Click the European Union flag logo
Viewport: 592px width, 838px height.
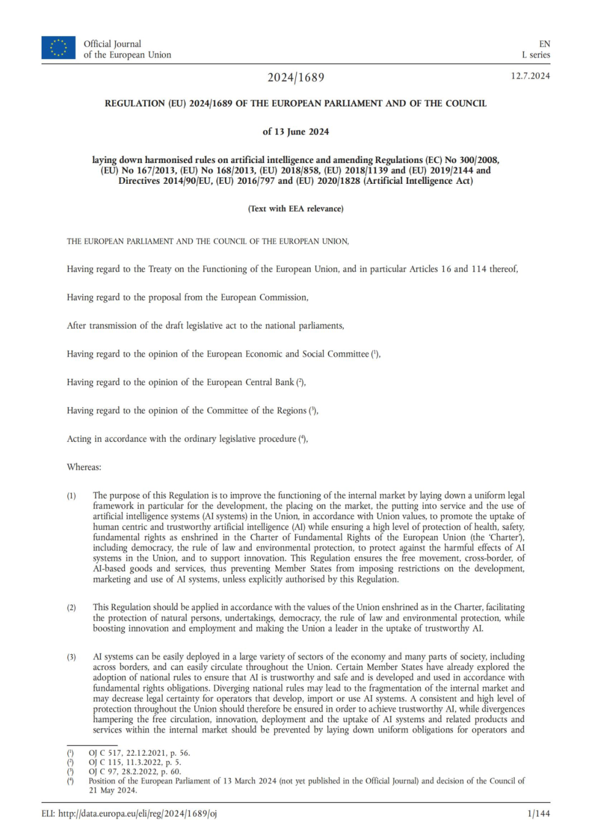[x=58, y=48]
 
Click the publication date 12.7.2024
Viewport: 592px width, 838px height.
[x=530, y=76]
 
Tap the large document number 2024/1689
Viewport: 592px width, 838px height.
[x=295, y=77]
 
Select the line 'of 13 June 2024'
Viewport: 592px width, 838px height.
[x=295, y=132]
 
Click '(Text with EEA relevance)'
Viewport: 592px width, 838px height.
[x=295, y=209]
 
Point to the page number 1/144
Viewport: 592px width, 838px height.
[x=538, y=813]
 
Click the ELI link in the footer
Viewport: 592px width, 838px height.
[x=129, y=813]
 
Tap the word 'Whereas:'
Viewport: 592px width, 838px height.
[x=84, y=467]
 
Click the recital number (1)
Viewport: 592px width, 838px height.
[x=71, y=496]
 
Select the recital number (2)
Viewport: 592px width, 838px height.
[x=71, y=608]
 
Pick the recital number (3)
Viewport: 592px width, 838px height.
[x=71, y=657]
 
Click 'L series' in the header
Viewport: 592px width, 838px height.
[x=536, y=55]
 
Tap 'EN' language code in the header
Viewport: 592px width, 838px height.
[x=544, y=44]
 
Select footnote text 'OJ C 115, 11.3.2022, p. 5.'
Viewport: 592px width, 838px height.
[x=135, y=762]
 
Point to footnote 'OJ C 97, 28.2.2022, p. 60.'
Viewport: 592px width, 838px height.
[x=135, y=772]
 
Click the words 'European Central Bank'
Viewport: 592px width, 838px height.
[x=250, y=382]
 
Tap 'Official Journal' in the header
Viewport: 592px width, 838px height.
[x=112, y=44]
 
